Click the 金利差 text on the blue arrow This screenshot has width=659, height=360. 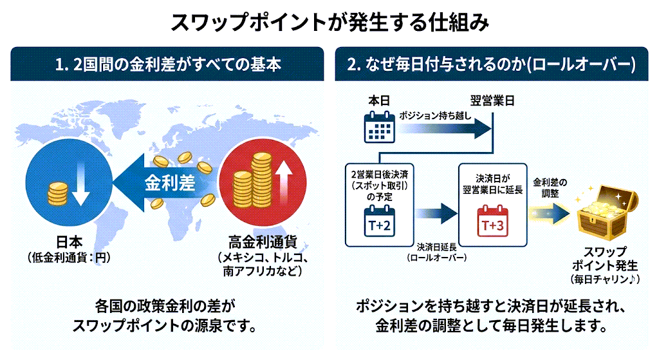[169, 183]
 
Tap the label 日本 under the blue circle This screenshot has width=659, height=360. [69, 243]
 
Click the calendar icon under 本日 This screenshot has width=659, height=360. [379, 127]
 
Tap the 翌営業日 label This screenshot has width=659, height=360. [492, 101]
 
